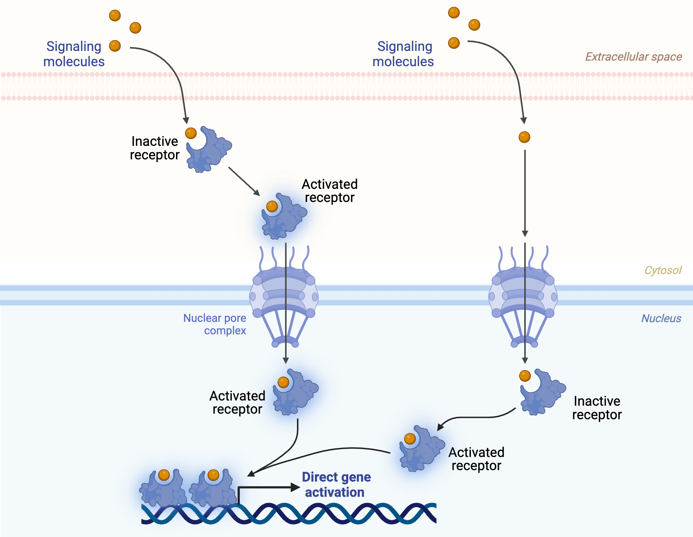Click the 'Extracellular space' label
(633, 56)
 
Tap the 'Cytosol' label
(663, 270)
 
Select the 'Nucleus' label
(661, 318)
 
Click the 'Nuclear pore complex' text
(215, 324)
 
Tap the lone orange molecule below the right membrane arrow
(524, 137)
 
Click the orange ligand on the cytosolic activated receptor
(272, 206)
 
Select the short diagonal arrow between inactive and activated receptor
(244, 181)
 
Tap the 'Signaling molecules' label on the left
(73, 54)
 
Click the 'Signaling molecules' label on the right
(403, 54)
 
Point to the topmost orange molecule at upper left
(115, 16)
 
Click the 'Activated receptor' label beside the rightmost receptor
(476, 459)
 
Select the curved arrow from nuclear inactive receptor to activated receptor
(478, 417)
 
